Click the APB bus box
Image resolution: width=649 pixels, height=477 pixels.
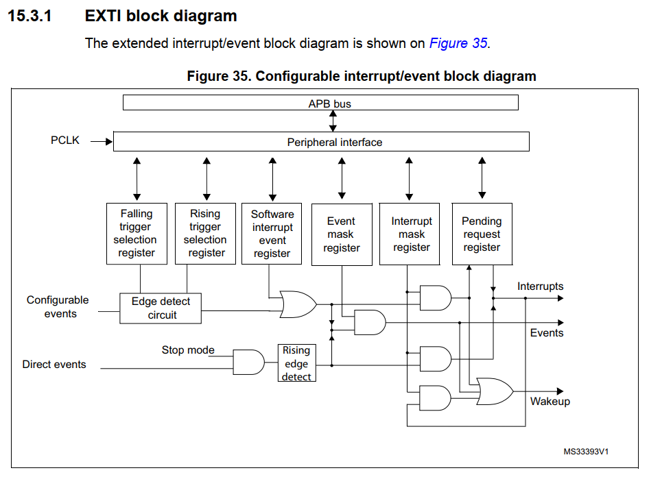(320, 103)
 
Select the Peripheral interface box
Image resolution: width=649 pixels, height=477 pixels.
(320, 142)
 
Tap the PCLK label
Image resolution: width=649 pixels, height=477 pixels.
(65, 140)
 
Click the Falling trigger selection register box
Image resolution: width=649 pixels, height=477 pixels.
(136, 233)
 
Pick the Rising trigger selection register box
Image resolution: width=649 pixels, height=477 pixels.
(205, 233)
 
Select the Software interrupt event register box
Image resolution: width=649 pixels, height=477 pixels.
(272, 233)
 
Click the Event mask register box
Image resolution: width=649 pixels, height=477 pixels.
(341, 234)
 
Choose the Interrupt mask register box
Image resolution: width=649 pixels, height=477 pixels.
(411, 234)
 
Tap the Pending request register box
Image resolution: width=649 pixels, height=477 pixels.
(482, 234)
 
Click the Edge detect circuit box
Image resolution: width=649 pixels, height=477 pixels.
(161, 308)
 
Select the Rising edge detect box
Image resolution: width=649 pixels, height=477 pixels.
(296, 363)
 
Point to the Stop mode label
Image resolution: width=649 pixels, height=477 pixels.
(188, 350)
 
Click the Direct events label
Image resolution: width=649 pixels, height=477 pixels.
(54, 365)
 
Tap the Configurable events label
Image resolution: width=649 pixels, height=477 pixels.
(58, 307)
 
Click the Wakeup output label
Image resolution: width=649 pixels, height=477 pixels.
(550, 402)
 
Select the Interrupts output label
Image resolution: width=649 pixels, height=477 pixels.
(541, 286)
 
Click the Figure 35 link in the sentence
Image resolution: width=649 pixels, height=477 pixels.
(458, 43)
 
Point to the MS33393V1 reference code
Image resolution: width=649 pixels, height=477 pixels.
(586, 452)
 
